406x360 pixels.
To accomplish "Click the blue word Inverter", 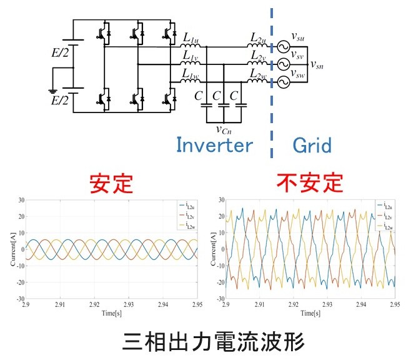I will [x=214, y=145].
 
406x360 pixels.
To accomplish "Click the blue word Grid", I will [x=312, y=145].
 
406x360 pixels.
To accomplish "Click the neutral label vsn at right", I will [x=317, y=64].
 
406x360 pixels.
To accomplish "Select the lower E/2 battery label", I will [x=61, y=99].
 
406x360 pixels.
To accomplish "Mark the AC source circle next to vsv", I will [x=281, y=64].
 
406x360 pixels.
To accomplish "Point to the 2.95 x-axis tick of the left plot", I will [x=196, y=306].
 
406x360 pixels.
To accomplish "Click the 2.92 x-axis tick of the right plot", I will [x=293, y=306].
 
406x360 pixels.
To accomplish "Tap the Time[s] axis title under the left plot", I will [x=111, y=313].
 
